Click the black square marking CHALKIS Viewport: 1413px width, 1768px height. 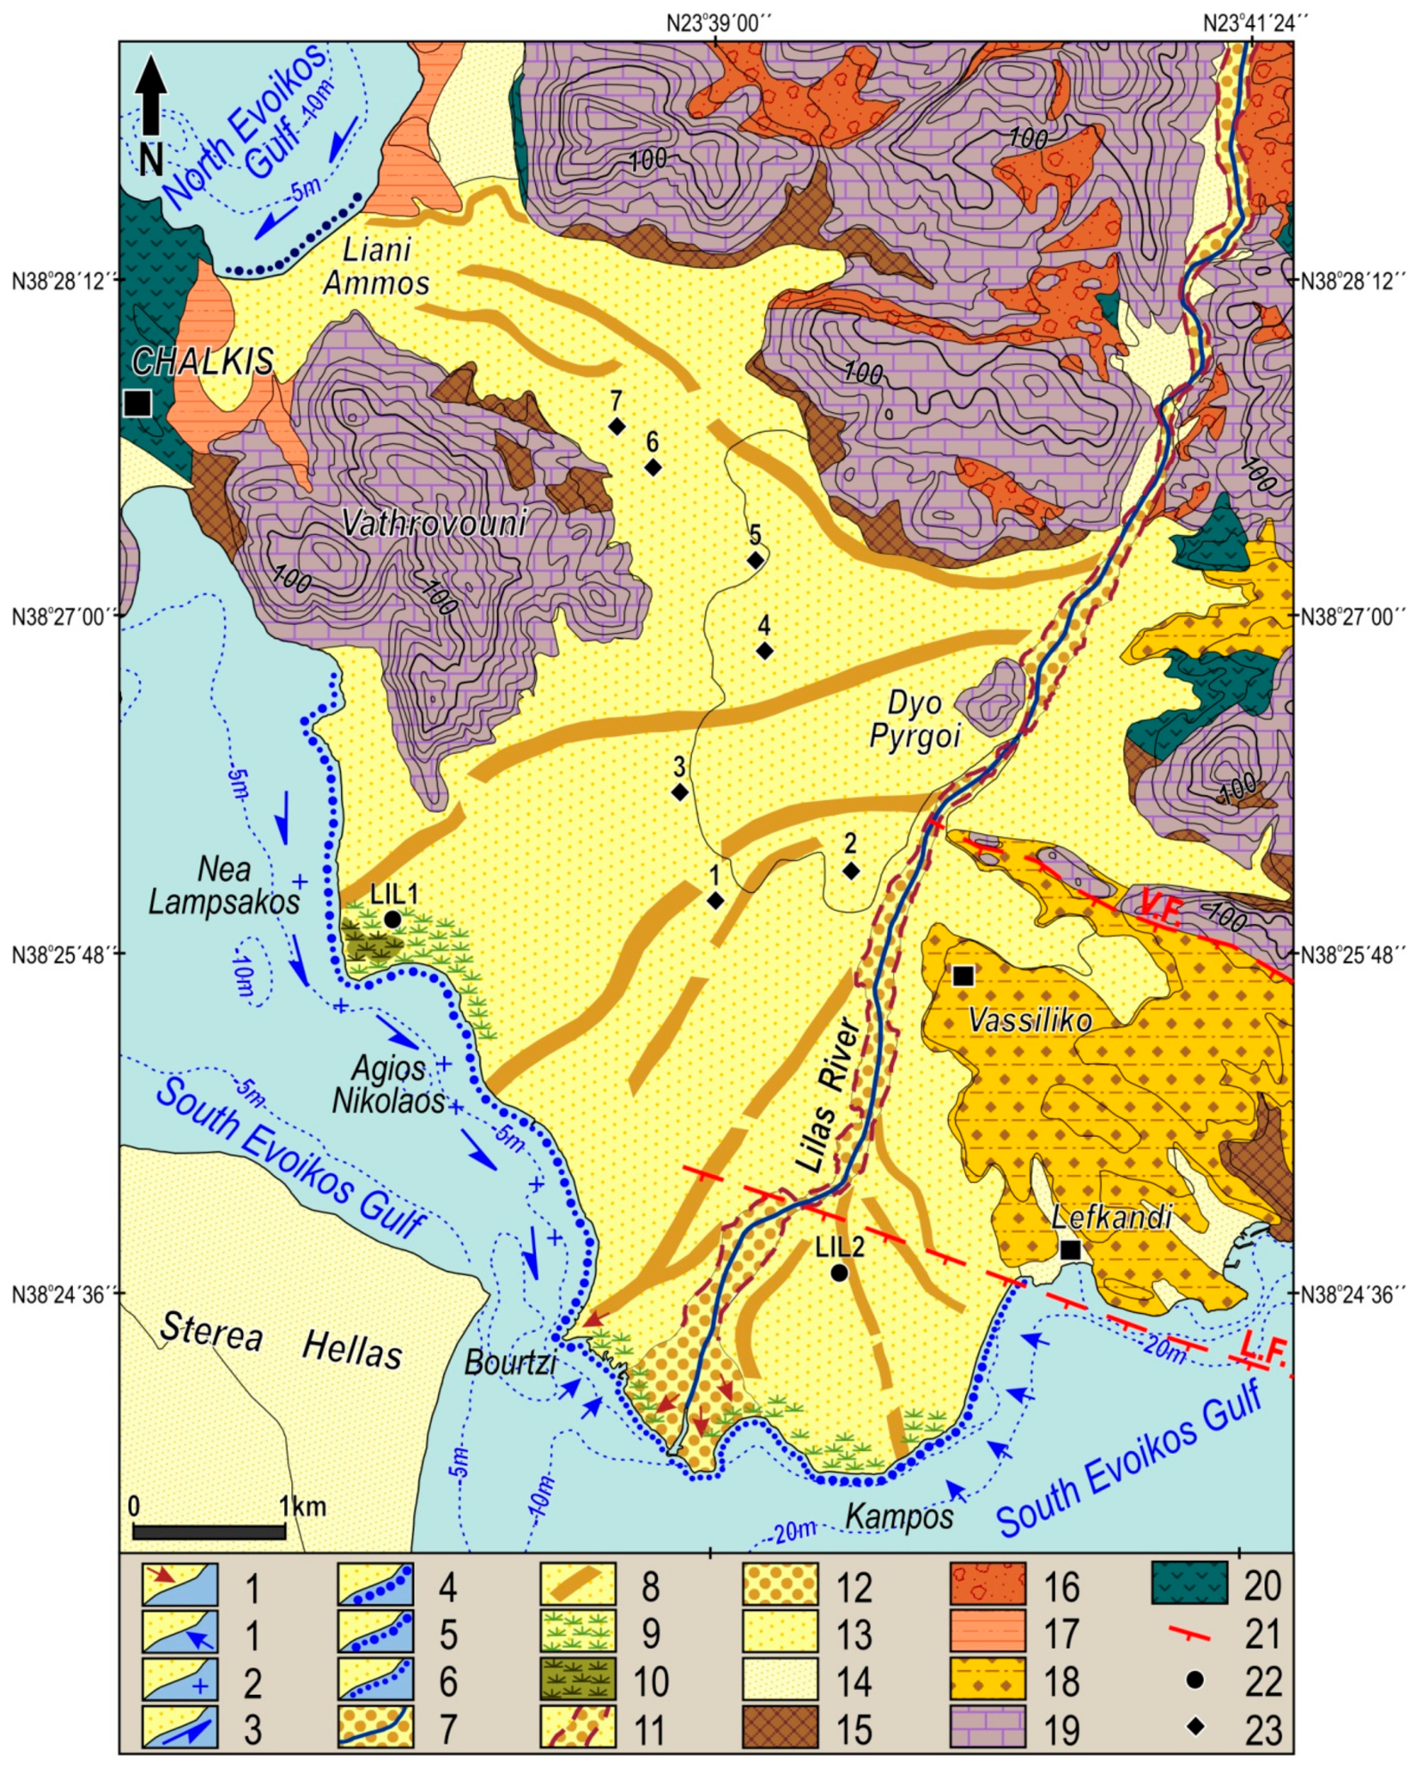[138, 403]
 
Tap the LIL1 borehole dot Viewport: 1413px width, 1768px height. [393, 919]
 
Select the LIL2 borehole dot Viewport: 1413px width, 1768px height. [839, 1274]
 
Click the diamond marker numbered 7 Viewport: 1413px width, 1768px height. [616, 426]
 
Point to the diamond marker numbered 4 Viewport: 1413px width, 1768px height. [764, 651]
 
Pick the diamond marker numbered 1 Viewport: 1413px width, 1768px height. [715, 901]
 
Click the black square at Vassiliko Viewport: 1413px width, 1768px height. [962, 977]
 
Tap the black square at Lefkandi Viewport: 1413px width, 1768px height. [1070, 1250]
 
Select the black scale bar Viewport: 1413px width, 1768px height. [209, 1531]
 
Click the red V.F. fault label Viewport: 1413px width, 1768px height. [1160, 906]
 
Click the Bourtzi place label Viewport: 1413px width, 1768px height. [510, 1361]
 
